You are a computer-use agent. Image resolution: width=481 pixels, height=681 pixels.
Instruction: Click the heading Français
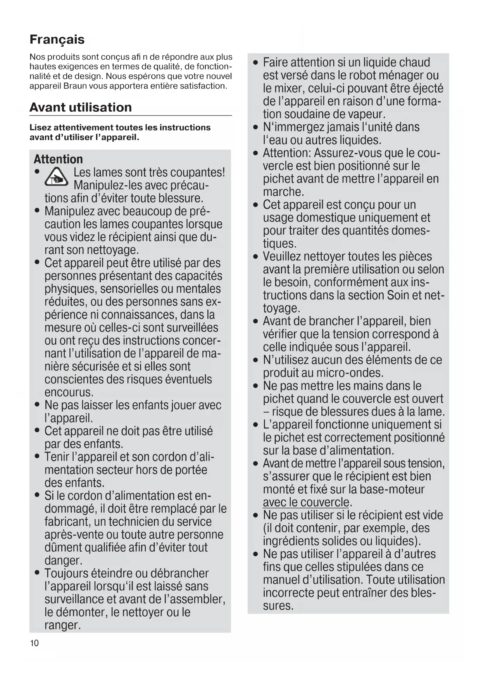click(57, 40)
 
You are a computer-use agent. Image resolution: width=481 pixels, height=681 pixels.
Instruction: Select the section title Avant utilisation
click(81, 107)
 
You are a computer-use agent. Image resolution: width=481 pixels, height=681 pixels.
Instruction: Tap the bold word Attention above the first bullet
click(58, 159)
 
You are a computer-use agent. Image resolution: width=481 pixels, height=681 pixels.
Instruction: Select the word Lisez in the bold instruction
click(40, 127)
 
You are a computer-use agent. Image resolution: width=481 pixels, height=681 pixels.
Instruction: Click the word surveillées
click(192, 328)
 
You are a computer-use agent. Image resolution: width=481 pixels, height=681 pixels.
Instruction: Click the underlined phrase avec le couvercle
click(306, 502)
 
